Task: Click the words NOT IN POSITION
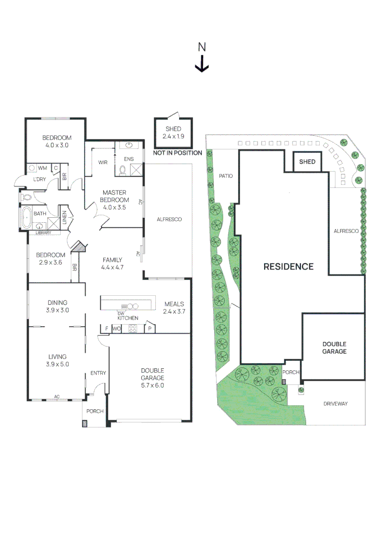coord(178,153)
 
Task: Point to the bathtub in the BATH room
coord(26,217)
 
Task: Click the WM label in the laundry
coord(43,167)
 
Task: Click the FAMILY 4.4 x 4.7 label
coord(112,263)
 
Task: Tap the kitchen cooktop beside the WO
coord(134,328)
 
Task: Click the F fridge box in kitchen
coord(106,329)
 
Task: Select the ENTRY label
coord(98,373)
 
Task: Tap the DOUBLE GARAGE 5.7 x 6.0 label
coord(152,378)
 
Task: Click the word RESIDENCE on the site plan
coord(288,266)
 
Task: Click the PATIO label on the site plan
coord(225,176)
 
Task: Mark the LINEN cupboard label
coord(64,217)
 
